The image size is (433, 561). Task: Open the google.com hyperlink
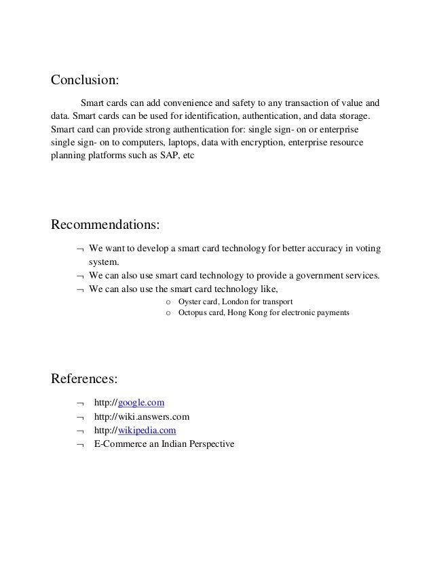click(141, 403)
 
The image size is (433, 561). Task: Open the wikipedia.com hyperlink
click(148, 430)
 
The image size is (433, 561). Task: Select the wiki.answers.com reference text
click(141, 416)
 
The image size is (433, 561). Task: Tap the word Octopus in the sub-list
click(193, 313)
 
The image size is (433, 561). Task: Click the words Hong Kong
click(259, 313)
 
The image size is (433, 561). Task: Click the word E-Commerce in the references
click(118, 444)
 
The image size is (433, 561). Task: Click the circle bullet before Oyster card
click(168, 302)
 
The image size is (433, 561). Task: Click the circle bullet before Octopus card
click(168, 314)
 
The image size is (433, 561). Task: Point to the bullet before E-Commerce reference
click(80, 445)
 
